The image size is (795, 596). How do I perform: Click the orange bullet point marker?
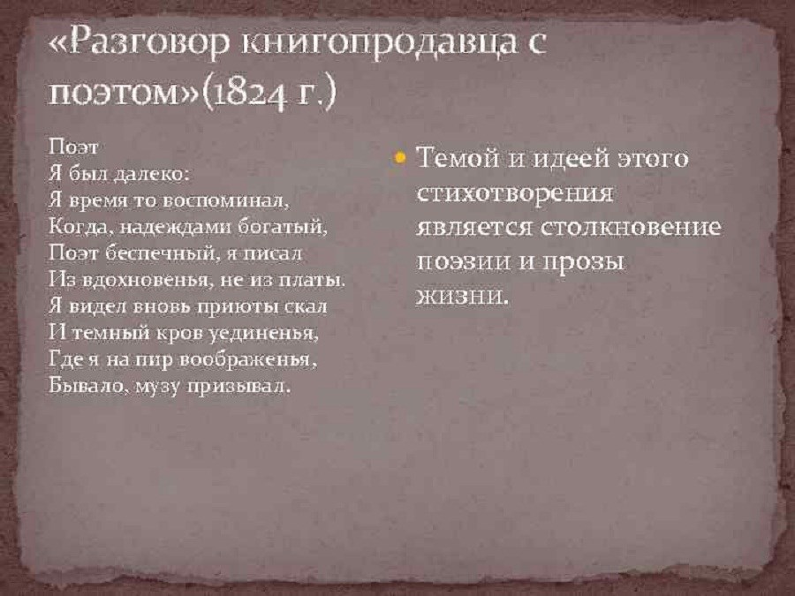coord(400,158)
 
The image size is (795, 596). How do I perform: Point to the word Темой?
coord(458,158)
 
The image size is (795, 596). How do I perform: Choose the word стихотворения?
coord(515,193)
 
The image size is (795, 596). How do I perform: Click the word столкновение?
coord(629,227)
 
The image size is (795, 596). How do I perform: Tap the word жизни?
coord(461,297)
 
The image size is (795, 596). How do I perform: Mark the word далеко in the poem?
coord(150,174)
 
